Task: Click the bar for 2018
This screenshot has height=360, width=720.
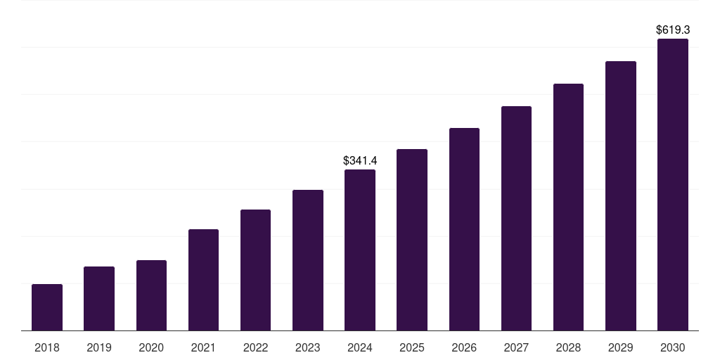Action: click(47, 307)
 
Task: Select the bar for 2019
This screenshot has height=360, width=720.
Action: click(99, 299)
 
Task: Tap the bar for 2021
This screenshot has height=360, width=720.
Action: click(203, 280)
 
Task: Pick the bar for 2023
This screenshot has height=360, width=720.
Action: click(308, 260)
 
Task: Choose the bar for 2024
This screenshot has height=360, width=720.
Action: click(360, 250)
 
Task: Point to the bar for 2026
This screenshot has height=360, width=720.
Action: click(464, 229)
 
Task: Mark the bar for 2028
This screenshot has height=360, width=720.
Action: click(568, 207)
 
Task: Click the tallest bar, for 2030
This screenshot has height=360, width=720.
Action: click(673, 185)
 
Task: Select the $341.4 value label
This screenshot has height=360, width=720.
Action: click(360, 160)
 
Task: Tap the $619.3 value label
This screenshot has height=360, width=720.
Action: click(673, 30)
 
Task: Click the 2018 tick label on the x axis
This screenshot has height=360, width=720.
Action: click(47, 347)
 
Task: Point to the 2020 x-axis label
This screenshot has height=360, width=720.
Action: click(151, 347)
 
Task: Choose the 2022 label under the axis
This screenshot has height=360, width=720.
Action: click(255, 347)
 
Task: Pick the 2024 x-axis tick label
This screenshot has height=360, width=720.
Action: click(360, 347)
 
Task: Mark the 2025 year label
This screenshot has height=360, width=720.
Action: click(412, 347)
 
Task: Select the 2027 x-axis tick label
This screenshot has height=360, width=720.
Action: click(516, 347)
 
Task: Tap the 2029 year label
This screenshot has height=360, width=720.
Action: click(621, 347)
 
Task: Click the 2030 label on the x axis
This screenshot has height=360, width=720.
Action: click(673, 347)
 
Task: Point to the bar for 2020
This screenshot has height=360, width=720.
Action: click(151, 295)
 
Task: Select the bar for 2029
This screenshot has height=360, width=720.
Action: click(621, 196)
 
